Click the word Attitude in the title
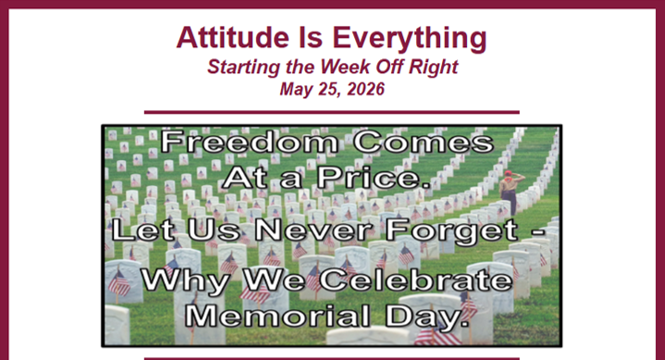tap(233, 37)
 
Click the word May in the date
tap(295, 90)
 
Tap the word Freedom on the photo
tap(250, 142)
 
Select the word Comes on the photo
tap(424, 142)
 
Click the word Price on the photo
tap(375, 178)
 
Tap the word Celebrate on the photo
tap(416, 280)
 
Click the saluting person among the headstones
tap(511, 192)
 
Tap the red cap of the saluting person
tap(508, 173)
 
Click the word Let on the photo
tap(143, 230)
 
